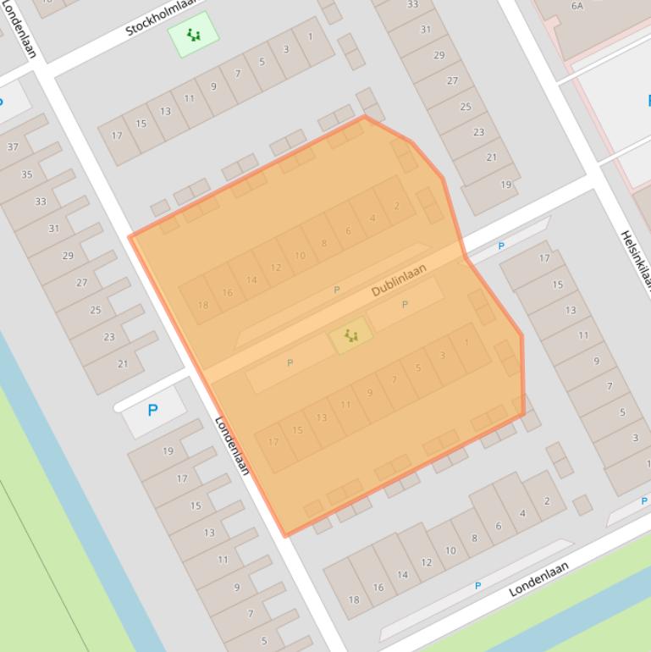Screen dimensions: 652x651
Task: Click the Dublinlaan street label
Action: pos(398,279)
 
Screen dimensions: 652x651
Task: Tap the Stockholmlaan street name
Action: pos(161,18)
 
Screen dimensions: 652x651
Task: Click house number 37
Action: pos(13,146)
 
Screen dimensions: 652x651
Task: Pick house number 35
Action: pos(26,174)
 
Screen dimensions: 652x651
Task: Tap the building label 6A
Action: pos(577,6)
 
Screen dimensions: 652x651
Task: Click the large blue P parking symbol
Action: pos(152,411)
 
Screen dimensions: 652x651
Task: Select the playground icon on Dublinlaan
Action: pos(350,336)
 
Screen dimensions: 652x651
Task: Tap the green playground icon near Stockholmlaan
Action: pos(194,35)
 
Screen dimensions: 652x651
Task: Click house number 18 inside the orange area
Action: pos(202,306)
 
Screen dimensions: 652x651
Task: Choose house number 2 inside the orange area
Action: pos(396,206)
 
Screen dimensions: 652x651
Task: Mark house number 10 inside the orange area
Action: pos(300,256)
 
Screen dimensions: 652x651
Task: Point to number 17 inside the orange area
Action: pos(273,442)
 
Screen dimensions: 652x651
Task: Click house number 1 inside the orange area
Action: pos(466,343)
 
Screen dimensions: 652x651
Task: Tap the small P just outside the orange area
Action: pos(501,246)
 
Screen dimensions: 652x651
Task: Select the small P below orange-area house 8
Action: pos(336,290)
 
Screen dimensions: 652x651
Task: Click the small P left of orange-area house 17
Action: pos(290,362)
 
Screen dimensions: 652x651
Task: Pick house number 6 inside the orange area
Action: pos(348,230)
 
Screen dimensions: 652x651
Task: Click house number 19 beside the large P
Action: pos(168,451)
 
